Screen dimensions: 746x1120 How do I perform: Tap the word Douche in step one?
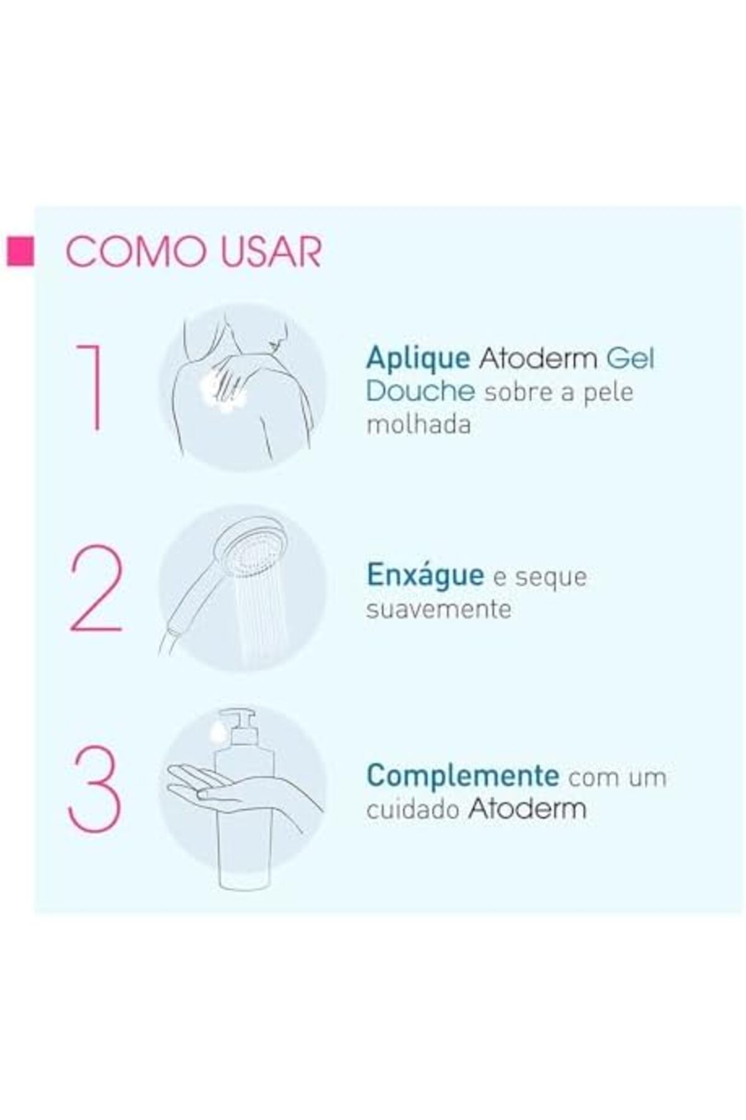click(x=421, y=392)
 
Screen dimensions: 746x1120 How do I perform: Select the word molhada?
click(x=418, y=424)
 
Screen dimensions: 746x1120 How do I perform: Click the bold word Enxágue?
click(x=425, y=575)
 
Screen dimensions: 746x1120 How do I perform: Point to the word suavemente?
click(x=439, y=608)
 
